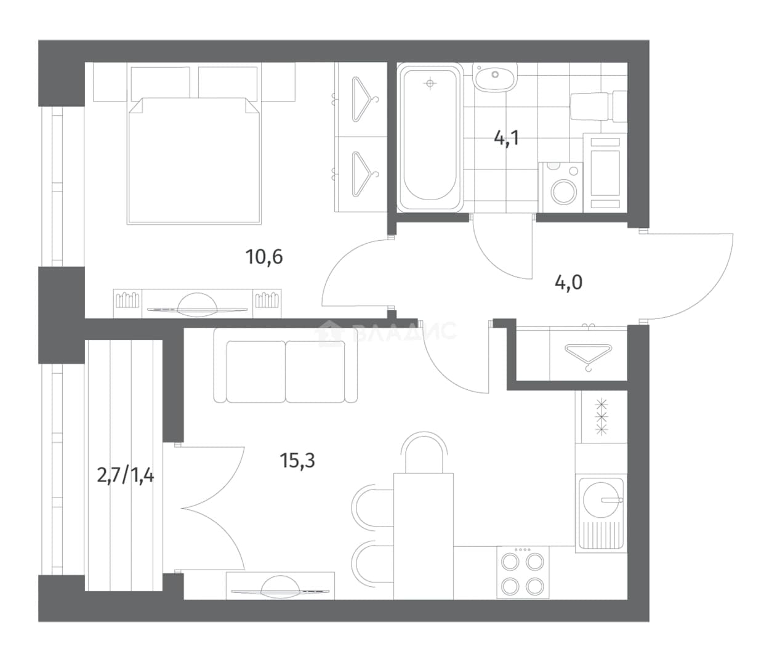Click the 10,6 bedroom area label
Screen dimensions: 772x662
[x=264, y=257]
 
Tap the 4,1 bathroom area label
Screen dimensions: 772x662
[x=507, y=139]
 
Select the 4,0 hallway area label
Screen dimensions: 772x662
[x=568, y=283]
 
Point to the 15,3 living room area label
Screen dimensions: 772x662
[x=297, y=460]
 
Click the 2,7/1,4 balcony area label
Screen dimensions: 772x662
[x=126, y=475]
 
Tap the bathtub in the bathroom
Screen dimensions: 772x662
[x=430, y=138]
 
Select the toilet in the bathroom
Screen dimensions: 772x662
[x=598, y=106]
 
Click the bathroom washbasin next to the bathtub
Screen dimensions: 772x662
[x=495, y=76]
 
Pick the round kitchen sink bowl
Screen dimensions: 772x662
[x=601, y=500]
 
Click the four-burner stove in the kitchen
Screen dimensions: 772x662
[x=523, y=572]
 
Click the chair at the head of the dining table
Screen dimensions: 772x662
[x=424, y=452]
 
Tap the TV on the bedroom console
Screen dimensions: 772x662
[x=197, y=305]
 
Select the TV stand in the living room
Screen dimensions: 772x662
[x=280, y=586]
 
